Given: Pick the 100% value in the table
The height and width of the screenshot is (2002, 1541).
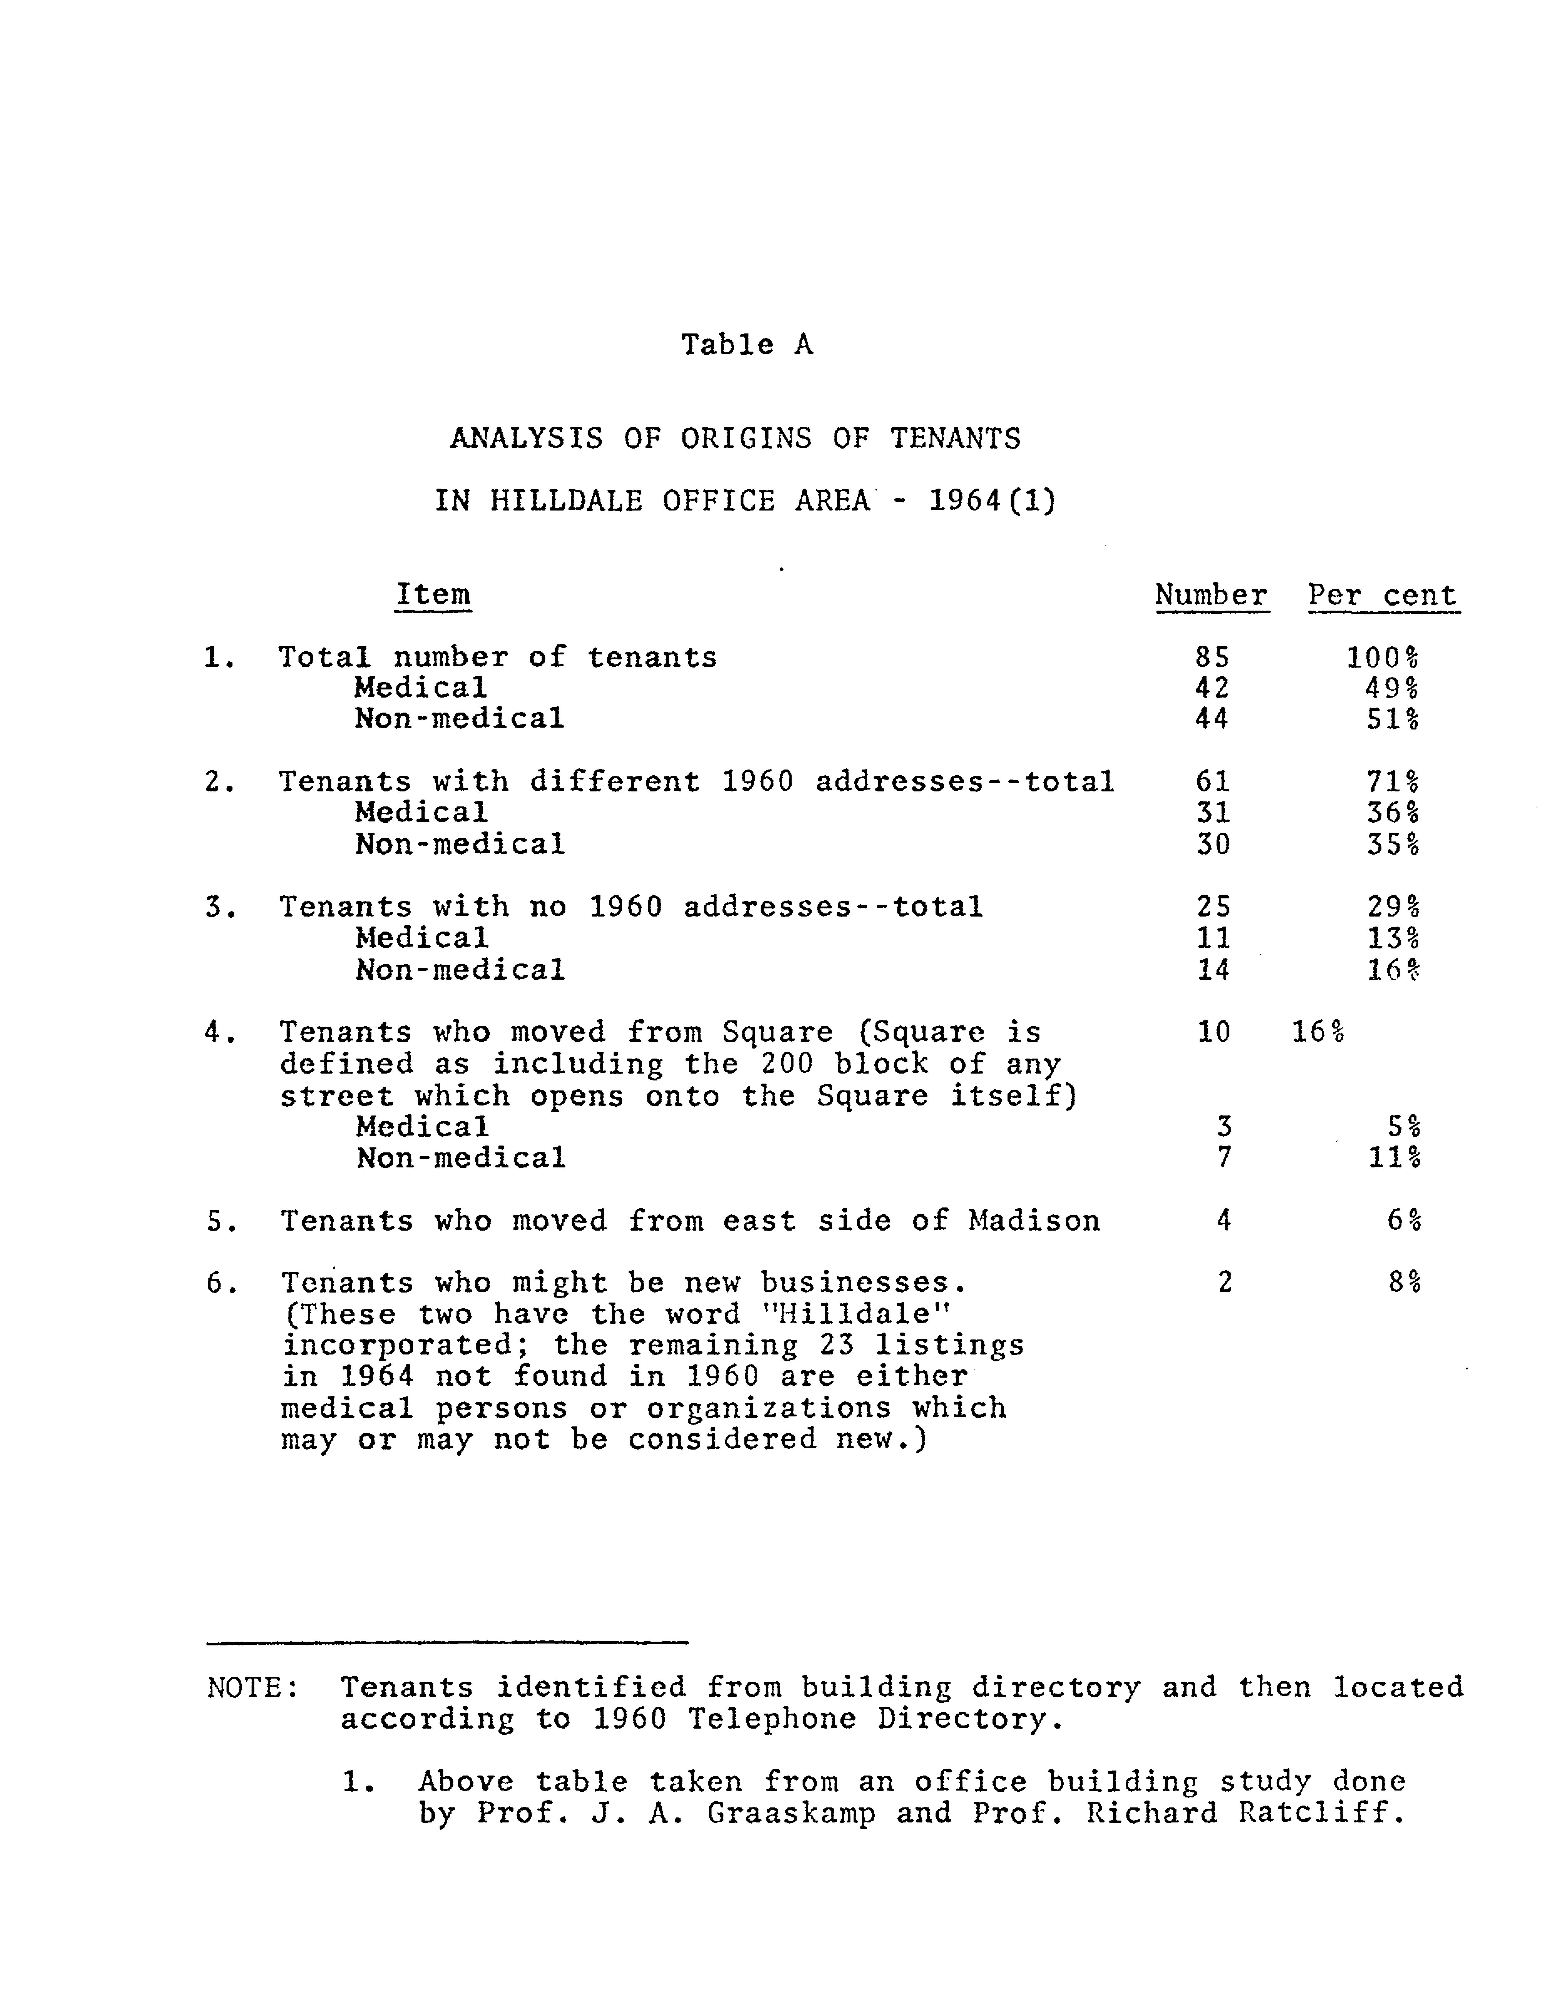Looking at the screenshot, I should click(x=1382, y=657).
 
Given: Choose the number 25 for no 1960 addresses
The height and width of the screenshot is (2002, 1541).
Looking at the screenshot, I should click(x=1212, y=907).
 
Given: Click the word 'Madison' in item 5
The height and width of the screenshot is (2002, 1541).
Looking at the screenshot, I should click(x=1033, y=1221).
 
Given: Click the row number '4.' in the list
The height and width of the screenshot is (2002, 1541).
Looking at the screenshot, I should click(x=220, y=1033).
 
